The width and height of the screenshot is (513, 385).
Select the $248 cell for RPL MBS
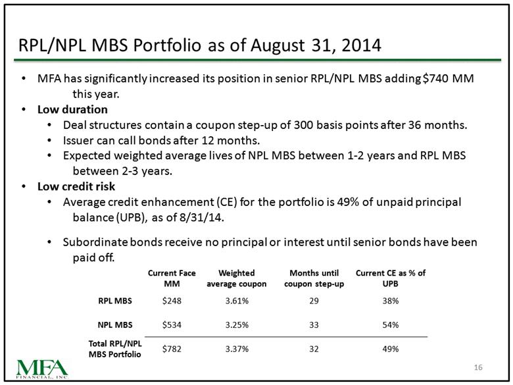click(172, 301)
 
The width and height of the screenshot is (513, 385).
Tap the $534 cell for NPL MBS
click(172, 324)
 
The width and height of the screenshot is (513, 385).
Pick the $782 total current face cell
click(172, 349)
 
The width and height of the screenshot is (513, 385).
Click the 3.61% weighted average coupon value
click(236, 301)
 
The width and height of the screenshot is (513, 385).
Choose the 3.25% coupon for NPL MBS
click(236, 324)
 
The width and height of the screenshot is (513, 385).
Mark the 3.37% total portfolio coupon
click(236, 349)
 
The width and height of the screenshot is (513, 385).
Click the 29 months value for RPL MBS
click(314, 301)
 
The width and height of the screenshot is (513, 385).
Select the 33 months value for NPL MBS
click(314, 324)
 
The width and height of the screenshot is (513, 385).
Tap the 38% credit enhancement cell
click(390, 301)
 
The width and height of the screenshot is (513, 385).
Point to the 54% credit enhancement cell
click(390, 324)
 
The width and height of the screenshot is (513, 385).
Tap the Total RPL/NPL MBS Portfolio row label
click(110, 349)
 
